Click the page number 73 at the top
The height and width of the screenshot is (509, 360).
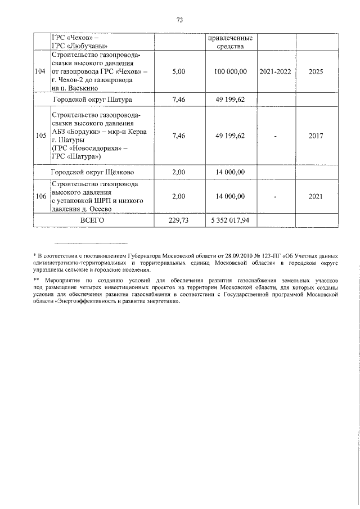pos(180,20)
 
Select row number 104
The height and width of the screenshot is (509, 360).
pos(40,72)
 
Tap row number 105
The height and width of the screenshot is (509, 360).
pos(40,136)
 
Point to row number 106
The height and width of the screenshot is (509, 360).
pos(40,196)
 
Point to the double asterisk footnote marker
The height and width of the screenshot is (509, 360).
pos(37,280)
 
